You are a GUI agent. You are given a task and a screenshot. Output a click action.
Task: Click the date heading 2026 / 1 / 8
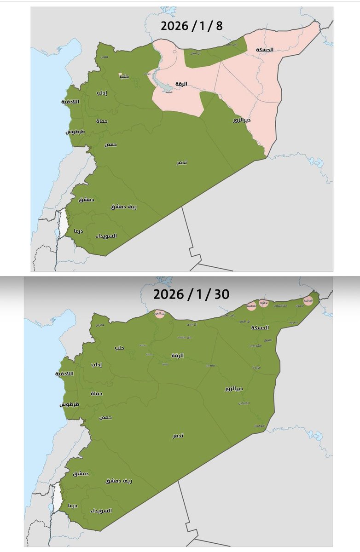(x=192, y=26)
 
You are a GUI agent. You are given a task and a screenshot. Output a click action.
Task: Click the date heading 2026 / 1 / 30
(x=191, y=294)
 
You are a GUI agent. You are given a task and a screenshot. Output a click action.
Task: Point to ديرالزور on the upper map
(x=241, y=121)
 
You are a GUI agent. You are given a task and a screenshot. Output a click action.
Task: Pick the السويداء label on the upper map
(x=106, y=236)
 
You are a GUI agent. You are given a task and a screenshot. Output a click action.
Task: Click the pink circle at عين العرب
(x=160, y=314)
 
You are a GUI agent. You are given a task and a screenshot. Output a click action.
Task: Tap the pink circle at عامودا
(x=264, y=304)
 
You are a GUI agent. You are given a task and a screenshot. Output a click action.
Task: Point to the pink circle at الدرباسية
(x=251, y=306)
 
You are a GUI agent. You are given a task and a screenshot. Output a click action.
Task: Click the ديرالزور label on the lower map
(x=234, y=389)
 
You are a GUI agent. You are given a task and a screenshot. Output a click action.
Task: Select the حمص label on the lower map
(x=106, y=417)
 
